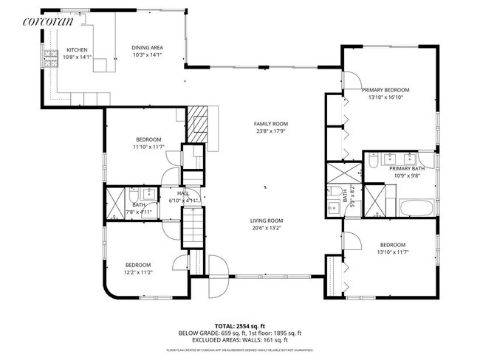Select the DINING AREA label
148,48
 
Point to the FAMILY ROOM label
271,124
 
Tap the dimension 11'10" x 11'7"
148,147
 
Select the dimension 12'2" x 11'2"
137,272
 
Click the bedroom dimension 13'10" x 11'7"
392,252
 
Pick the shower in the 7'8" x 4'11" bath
116,204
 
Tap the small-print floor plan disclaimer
240,350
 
